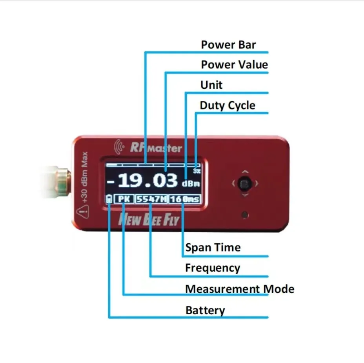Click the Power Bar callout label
click(x=228, y=45)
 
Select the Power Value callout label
click(x=234, y=65)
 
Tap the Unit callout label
click(x=211, y=85)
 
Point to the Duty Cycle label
click(x=227, y=106)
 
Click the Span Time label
click(x=213, y=248)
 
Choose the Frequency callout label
click(x=212, y=268)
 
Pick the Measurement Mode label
click(x=239, y=289)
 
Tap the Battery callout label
click(x=205, y=310)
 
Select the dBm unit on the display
click(x=191, y=184)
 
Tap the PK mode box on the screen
click(x=124, y=199)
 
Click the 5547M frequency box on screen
click(x=152, y=199)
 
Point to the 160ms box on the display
click(x=185, y=199)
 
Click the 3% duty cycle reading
click(x=197, y=171)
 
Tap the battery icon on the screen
click(x=109, y=199)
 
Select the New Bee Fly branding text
click(x=149, y=220)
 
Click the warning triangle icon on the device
click(x=84, y=212)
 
